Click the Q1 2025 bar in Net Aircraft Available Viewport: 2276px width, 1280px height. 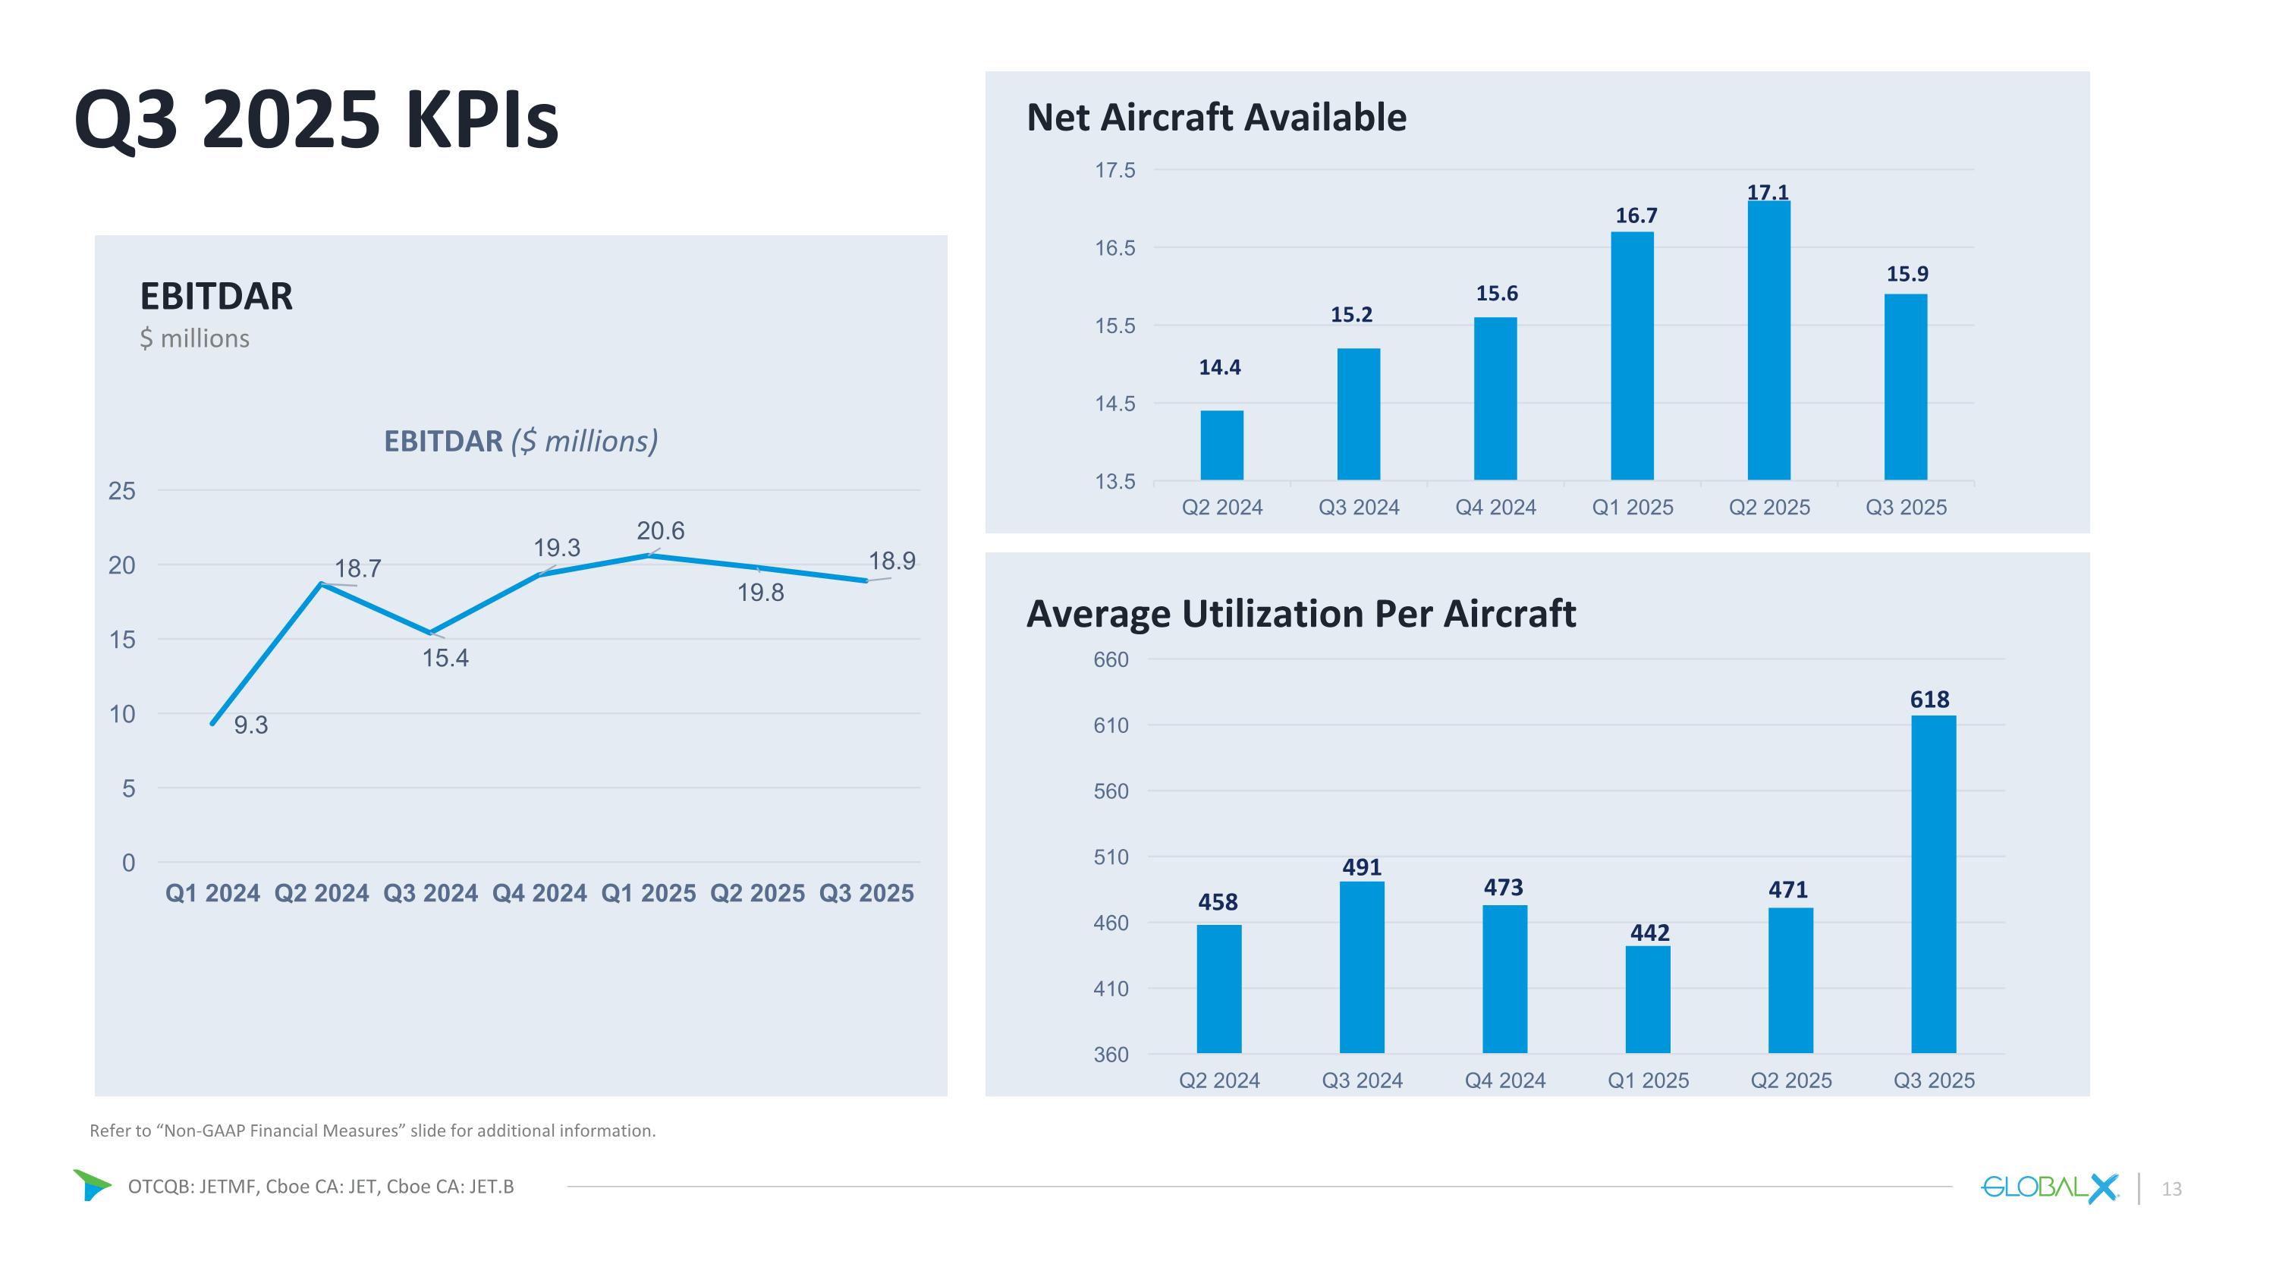tap(1632, 356)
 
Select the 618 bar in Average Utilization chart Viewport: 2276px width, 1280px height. tap(1933, 883)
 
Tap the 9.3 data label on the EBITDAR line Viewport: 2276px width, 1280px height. tap(251, 725)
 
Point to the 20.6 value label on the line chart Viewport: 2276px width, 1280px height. tap(660, 531)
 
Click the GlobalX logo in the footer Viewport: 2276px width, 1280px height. tap(2049, 1187)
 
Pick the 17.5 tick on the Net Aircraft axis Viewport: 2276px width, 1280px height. tap(1115, 171)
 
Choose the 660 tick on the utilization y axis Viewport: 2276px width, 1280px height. tap(1111, 660)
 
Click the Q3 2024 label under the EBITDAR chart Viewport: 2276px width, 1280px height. tap(430, 893)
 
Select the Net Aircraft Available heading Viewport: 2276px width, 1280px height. tap(1215, 118)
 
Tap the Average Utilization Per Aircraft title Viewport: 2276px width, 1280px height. tap(1300, 614)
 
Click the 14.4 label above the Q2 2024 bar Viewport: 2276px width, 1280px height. tap(1219, 367)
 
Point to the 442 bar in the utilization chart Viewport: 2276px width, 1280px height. tap(1648, 999)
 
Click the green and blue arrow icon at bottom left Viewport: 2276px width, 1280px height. tap(91, 1184)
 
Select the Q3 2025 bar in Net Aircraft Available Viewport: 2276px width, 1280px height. tap(1906, 387)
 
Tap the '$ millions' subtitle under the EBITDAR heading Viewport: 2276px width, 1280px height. tap(194, 338)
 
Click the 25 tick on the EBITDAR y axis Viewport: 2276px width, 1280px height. tap(122, 491)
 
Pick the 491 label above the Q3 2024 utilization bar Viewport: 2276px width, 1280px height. tap(1362, 867)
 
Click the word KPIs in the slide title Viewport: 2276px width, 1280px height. tap(482, 119)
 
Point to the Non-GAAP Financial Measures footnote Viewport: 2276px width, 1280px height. tap(372, 1131)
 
